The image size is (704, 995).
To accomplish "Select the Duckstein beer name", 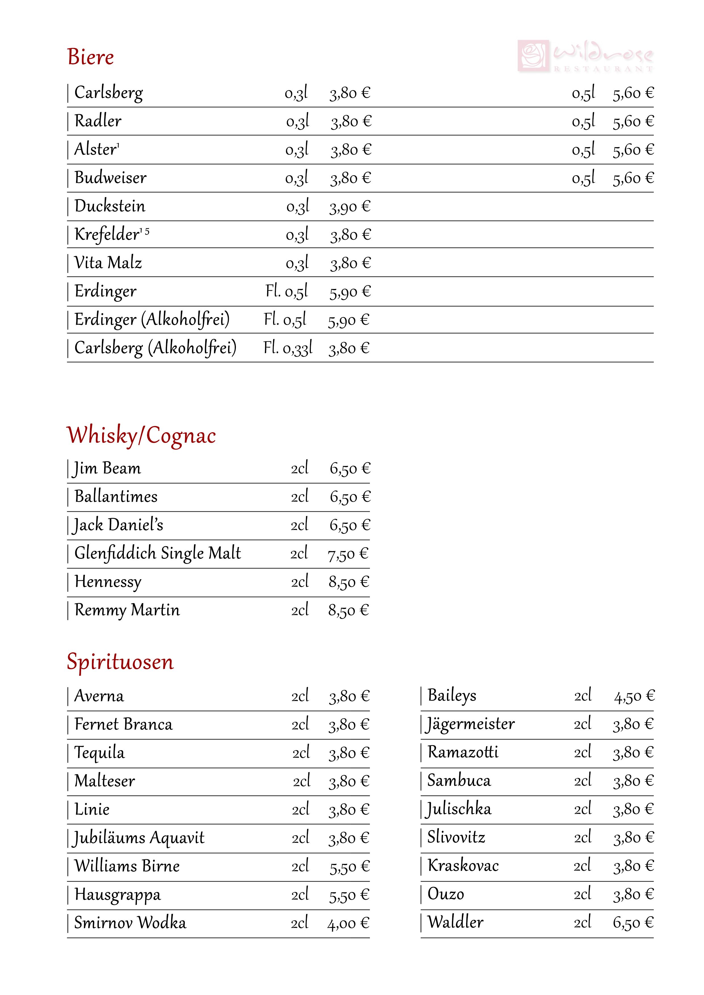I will tap(110, 206).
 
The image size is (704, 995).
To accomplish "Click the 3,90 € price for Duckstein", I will tap(350, 207).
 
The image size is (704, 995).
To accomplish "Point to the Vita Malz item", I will tap(108, 263).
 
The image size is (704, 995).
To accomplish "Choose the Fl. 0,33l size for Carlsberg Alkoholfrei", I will tap(288, 348).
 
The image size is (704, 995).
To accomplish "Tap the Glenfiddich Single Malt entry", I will tap(158, 553).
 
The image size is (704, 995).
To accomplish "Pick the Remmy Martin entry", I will tap(127, 610).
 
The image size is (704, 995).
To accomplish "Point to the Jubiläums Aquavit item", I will tap(139, 838).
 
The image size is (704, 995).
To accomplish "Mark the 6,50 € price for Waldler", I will tap(633, 923).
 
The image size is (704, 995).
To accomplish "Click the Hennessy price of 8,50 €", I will tap(348, 582).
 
